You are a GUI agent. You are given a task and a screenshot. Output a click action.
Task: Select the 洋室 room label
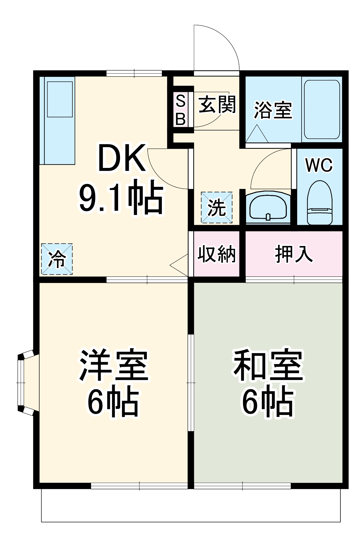coord(113,365)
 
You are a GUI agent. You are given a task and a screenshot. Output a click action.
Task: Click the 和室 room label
coord(268,365)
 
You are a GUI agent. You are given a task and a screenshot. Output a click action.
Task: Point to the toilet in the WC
coord(319,203)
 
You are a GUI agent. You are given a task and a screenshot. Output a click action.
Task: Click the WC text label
coord(319,165)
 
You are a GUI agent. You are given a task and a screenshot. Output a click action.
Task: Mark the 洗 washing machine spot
coord(217,208)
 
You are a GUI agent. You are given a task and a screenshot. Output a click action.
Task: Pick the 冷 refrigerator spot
coord(57,259)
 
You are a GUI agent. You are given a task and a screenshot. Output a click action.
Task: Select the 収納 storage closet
coord(217,254)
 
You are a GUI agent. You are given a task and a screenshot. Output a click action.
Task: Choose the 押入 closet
coord(294,254)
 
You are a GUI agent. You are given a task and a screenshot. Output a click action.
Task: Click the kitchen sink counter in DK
coord(57,120)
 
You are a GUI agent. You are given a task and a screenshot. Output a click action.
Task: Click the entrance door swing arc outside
coord(216,48)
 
